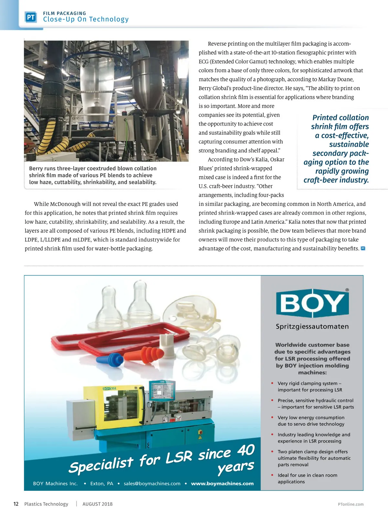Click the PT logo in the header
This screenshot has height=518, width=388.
31,17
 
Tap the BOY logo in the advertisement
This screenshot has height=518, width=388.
312,303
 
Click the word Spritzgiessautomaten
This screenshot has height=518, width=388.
312,326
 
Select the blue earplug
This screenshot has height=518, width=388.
110,359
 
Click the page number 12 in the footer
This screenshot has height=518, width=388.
16,504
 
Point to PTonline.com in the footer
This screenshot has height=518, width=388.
350,504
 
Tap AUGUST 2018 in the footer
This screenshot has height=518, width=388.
97,504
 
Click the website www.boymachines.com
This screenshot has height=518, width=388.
222,483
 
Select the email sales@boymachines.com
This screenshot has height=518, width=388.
152,483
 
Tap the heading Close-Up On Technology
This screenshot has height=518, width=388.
86,19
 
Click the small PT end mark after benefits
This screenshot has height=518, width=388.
363,248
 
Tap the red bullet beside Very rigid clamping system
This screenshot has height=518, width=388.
272,383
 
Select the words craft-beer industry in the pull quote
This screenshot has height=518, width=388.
336,180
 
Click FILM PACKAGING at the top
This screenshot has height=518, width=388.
65,13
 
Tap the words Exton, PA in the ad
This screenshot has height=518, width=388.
102,483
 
